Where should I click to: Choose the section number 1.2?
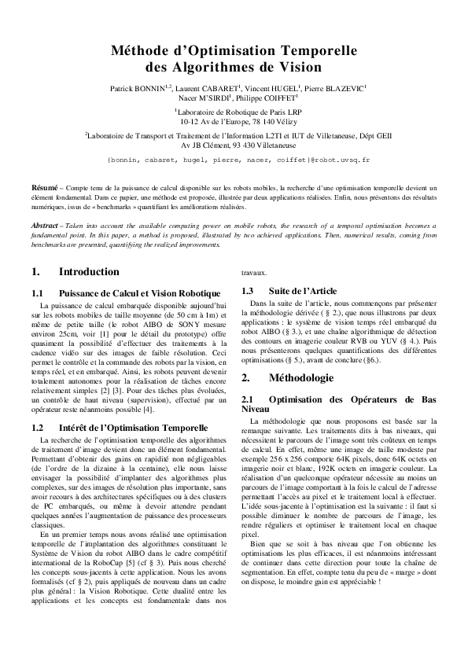pyautogui.click(x=37, y=427)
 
